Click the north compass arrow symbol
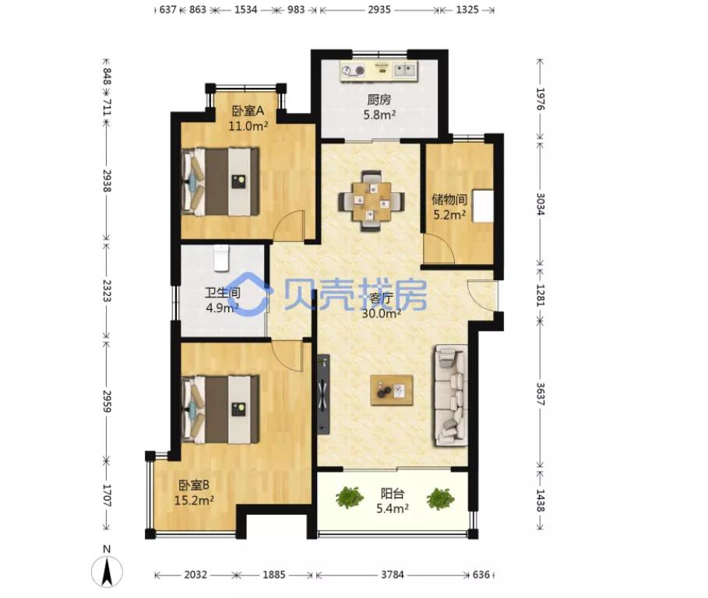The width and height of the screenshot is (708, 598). pos(107,571)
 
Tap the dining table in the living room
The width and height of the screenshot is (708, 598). pos(372,201)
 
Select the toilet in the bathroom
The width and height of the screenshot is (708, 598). pos(221,259)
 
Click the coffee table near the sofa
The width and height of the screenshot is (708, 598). pos(391,390)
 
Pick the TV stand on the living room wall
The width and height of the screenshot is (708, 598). pos(322,394)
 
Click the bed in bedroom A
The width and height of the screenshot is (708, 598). pos(220,181)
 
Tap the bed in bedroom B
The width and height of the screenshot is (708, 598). pos(220,410)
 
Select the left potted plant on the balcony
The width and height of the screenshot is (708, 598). pos(350,497)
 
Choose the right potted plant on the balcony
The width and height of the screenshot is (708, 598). pos(440,498)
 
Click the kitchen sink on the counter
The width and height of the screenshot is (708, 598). pos(405,70)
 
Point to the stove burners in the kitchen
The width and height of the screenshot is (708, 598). pos(353,71)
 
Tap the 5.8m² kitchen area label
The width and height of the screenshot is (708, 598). pos(380,115)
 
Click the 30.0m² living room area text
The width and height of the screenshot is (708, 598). pos(382,313)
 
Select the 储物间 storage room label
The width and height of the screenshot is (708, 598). pos(449,199)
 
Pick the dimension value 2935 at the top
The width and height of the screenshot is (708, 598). pos(379,9)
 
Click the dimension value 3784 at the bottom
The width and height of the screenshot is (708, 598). pos(393,575)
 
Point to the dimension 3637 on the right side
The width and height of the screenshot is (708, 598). pos(540,394)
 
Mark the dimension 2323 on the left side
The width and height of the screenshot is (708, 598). pos(107,290)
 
